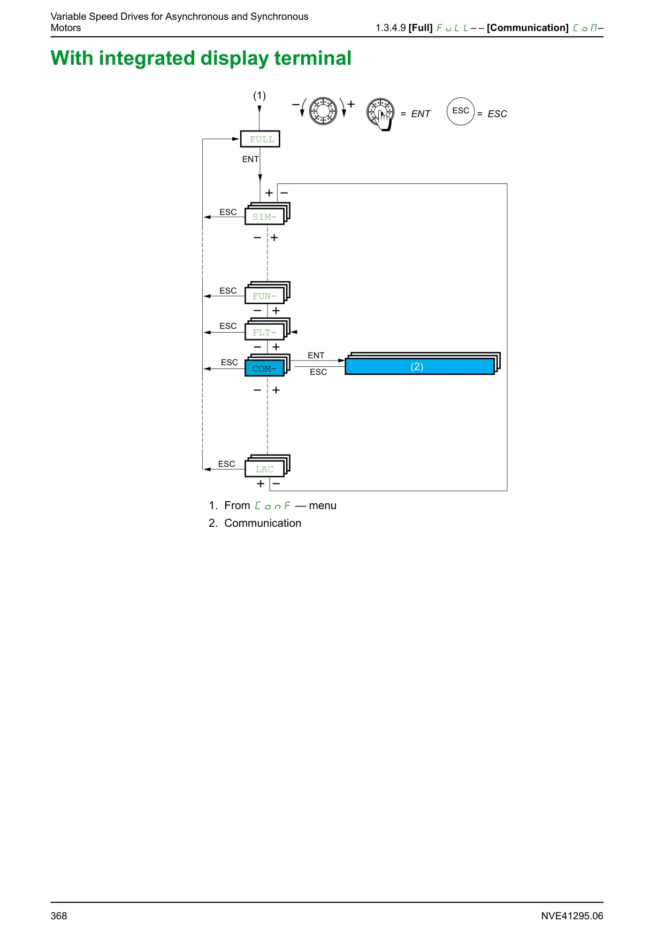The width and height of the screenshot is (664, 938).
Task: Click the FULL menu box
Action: (260, 139)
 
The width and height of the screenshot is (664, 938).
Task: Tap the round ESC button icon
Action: (461, 111)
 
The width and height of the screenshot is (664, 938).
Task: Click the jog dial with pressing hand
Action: (380, 113)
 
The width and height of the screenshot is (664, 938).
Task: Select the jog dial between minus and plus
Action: (323, 111)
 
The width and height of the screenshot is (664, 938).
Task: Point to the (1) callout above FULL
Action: (260, 96)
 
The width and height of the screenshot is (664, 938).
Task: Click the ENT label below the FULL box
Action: (250, 159)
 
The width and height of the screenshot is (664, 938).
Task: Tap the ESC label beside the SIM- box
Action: (228, 212)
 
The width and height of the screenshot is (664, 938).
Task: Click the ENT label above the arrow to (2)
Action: (316, 355)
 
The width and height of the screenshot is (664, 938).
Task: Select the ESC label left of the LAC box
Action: (227, 464)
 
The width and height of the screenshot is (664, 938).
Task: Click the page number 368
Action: (59, 916)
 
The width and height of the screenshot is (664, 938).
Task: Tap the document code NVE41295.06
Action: (572, 916)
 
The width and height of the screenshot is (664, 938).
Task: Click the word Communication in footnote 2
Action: (263, 523)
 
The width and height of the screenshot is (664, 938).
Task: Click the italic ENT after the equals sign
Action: (421, 114)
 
